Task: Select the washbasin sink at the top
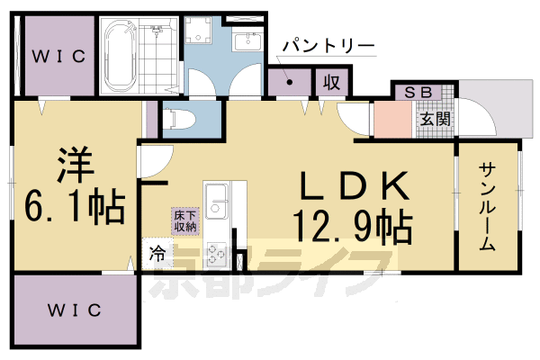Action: pyautogui.click(x=245, y=42)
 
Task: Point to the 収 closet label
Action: pyautogui.click(x=331, y=84)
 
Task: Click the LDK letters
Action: pyautogui.click(x=355, y=187)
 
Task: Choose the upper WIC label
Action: pyautogui.click(x=58, y=57)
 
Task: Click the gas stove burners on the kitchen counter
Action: pyautogui.click(x=215, y=254)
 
